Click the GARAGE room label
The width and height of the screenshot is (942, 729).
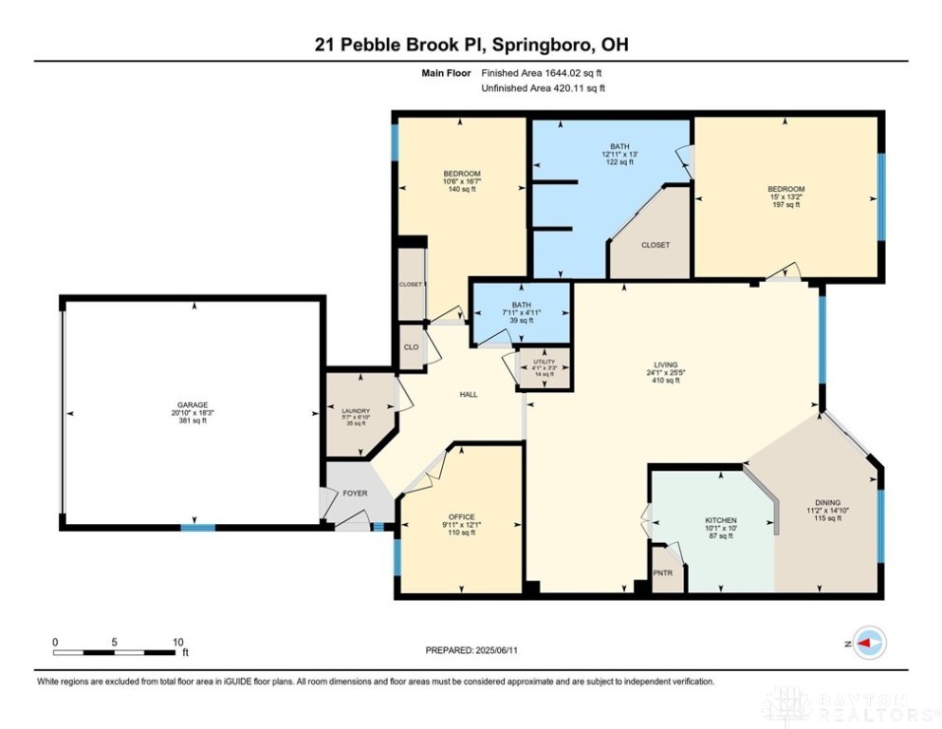coord(192,404)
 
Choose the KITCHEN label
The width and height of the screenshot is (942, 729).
coord(720,521)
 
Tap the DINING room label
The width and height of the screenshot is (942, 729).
coord(827,503)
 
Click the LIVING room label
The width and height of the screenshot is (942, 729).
coord(664,364)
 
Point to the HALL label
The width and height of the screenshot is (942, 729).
coord(469,394)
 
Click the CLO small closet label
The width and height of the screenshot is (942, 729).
coord(411,347)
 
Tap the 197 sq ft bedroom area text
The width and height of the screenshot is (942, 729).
coord(785,205)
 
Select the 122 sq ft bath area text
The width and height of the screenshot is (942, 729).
coord(619,162)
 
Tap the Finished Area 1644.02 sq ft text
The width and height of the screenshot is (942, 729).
coord(542,72)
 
